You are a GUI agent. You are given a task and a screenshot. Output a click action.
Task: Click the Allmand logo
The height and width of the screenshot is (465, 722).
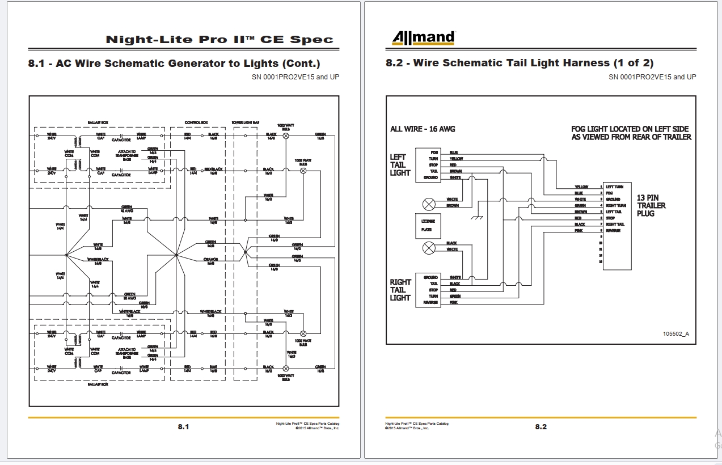(423, 38)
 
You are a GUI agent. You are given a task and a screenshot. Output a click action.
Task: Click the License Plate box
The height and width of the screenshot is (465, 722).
(427, 226)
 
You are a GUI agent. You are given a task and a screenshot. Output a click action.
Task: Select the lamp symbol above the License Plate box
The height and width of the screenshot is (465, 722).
(429, 203)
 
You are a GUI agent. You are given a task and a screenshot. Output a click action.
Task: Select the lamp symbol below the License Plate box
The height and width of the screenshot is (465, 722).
(429, 247)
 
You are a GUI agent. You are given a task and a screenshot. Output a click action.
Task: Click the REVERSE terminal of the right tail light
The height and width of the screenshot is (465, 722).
(431, 303)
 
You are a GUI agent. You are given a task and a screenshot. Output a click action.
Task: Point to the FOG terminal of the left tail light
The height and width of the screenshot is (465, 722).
(434, 152)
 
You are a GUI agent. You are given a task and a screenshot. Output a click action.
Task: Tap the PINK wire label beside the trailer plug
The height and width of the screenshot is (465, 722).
(578, 231)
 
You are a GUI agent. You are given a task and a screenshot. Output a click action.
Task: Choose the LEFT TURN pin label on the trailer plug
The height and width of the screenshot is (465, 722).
(615, 187)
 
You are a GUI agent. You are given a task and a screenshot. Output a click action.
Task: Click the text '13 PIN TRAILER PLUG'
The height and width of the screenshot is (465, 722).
(651, 206)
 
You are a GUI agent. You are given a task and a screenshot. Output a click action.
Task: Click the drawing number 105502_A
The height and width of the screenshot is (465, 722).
(676, 333)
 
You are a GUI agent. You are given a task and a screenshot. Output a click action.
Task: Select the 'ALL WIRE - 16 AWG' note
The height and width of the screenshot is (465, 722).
(423, 129)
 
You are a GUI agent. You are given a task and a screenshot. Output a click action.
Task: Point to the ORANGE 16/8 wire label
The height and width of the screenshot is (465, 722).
(210, 261)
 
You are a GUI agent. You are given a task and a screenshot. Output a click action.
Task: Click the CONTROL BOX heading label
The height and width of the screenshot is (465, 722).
(197, 122)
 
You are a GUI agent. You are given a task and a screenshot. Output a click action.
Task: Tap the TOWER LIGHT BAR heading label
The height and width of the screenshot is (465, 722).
(246, 122)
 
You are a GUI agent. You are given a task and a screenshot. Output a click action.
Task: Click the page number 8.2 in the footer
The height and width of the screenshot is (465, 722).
(541, 426)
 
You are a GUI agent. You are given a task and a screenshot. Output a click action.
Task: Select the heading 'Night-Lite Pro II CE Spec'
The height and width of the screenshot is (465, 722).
(219, 40)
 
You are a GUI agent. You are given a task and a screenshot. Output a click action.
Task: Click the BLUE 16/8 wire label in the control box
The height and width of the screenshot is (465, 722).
(213, 368)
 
